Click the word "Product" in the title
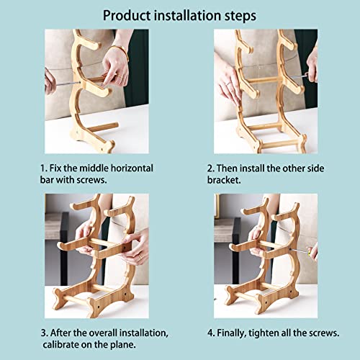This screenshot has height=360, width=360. (127, 16)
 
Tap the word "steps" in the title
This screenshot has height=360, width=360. (240, 17)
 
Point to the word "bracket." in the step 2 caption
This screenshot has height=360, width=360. (224, 180)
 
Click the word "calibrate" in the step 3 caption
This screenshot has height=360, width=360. (60, 345)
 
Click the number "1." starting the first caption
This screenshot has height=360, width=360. (44, 168)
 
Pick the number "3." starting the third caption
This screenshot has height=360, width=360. (45, 333)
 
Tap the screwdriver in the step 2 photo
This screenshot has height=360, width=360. (300, 76)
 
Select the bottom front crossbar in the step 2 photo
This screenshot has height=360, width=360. (279, 145)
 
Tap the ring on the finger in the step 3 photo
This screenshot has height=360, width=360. (140, 257)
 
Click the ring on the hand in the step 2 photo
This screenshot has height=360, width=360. (228, 84)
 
